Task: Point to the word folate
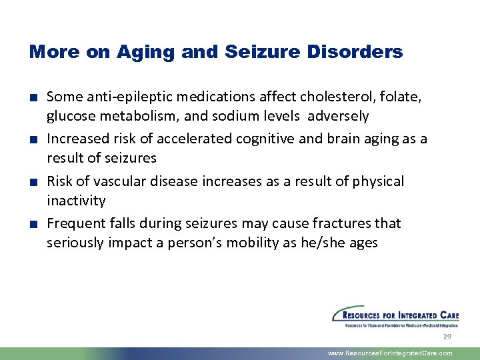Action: tap(403, 97)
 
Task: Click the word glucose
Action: tap(69, 117)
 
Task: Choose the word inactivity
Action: tap(76, 201)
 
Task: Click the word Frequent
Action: tap(74, 223)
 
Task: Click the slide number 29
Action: tap(447, 337)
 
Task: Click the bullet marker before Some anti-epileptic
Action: tap(33, 98)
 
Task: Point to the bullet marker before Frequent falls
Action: tap(33, 223)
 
